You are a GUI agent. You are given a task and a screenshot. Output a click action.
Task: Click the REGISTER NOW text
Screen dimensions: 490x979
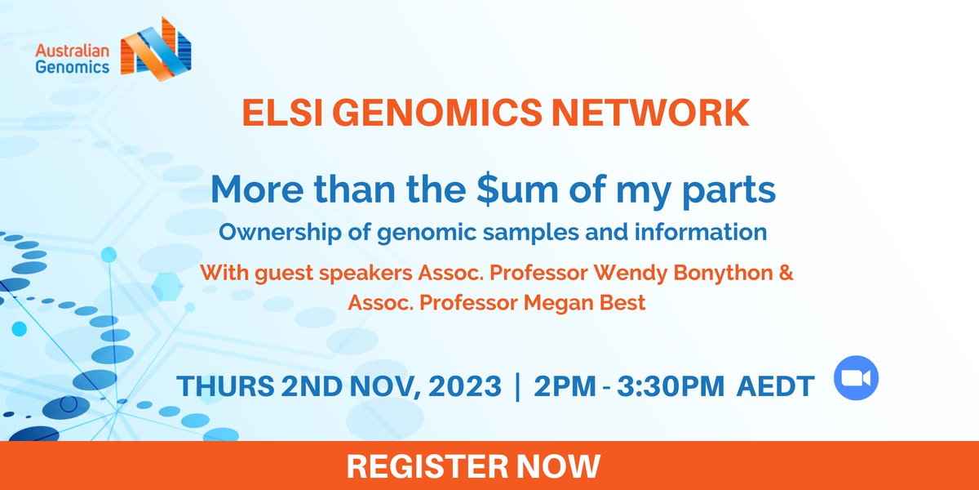point(473,465)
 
